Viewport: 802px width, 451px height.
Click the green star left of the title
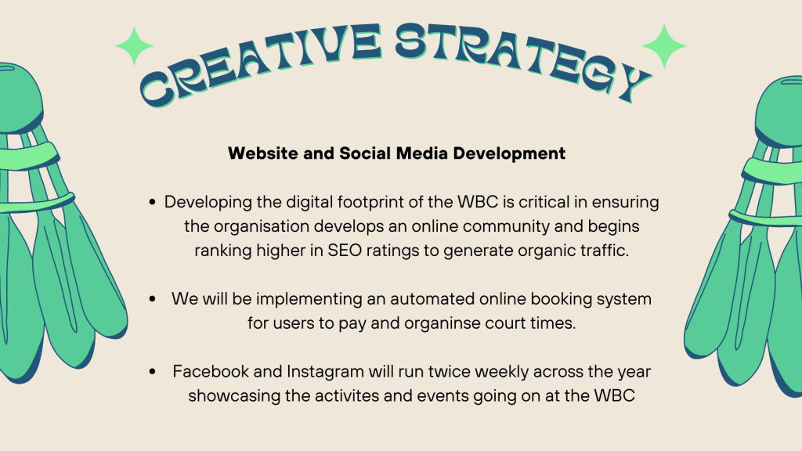[134, 46]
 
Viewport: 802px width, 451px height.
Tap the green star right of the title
[664, 46]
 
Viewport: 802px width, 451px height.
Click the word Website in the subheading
[263, 153]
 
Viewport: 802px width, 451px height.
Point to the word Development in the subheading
[509, 154]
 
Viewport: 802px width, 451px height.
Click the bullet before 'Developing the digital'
[152, 203]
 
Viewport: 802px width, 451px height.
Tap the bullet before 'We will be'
[152, 299]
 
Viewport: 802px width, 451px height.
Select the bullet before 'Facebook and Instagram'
[152, 372]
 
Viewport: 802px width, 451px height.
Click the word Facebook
[211, 371]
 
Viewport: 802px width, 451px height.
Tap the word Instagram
[325, 372]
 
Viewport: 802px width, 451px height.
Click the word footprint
[370, 203]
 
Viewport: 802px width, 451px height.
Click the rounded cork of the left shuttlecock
[20, 97]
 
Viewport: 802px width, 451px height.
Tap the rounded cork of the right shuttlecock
[780, 110]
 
